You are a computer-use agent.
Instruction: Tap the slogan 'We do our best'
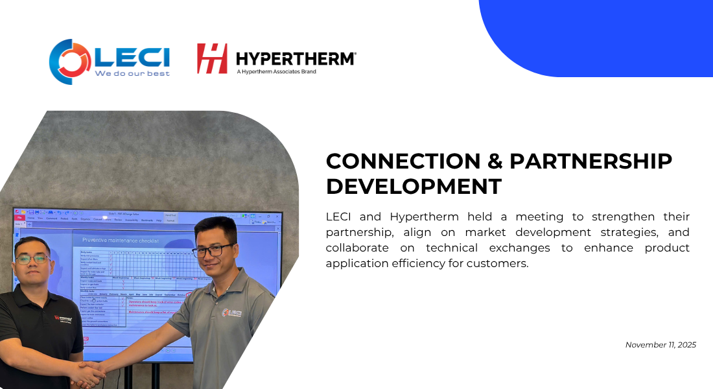132,74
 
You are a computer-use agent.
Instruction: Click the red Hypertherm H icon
212,58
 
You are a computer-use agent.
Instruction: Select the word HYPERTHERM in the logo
296,58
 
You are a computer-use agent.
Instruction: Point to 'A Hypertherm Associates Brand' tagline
276,72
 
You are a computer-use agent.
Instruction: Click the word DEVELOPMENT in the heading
414,186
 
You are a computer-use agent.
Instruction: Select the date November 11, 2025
660,345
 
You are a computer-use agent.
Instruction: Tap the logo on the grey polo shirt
232,312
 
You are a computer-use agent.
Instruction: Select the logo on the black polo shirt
64,318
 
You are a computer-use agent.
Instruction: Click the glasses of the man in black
32,259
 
